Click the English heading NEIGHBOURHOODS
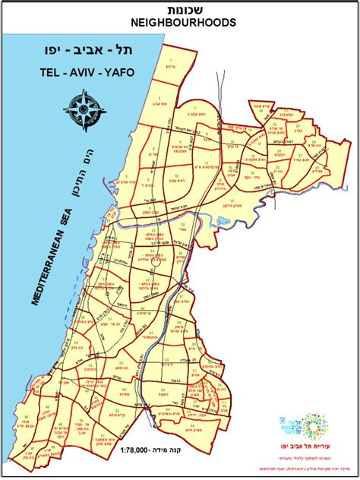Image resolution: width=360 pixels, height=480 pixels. [x=180, y=23]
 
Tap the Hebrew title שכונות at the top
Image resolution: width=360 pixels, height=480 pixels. [x=180, y=8]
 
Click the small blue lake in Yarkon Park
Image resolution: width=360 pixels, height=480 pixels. [x=225, y=223]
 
